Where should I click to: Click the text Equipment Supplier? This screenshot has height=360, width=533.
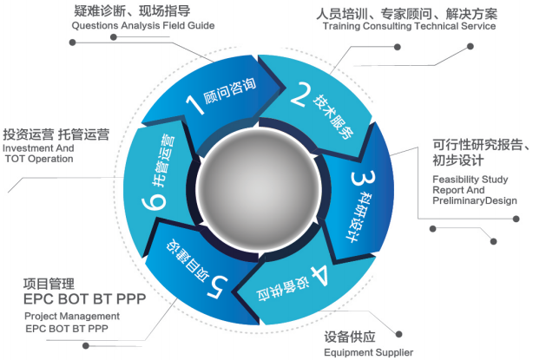(368, 352)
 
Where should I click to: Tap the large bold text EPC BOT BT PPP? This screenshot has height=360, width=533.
(84, 299)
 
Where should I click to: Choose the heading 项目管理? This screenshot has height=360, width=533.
(49, 284)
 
